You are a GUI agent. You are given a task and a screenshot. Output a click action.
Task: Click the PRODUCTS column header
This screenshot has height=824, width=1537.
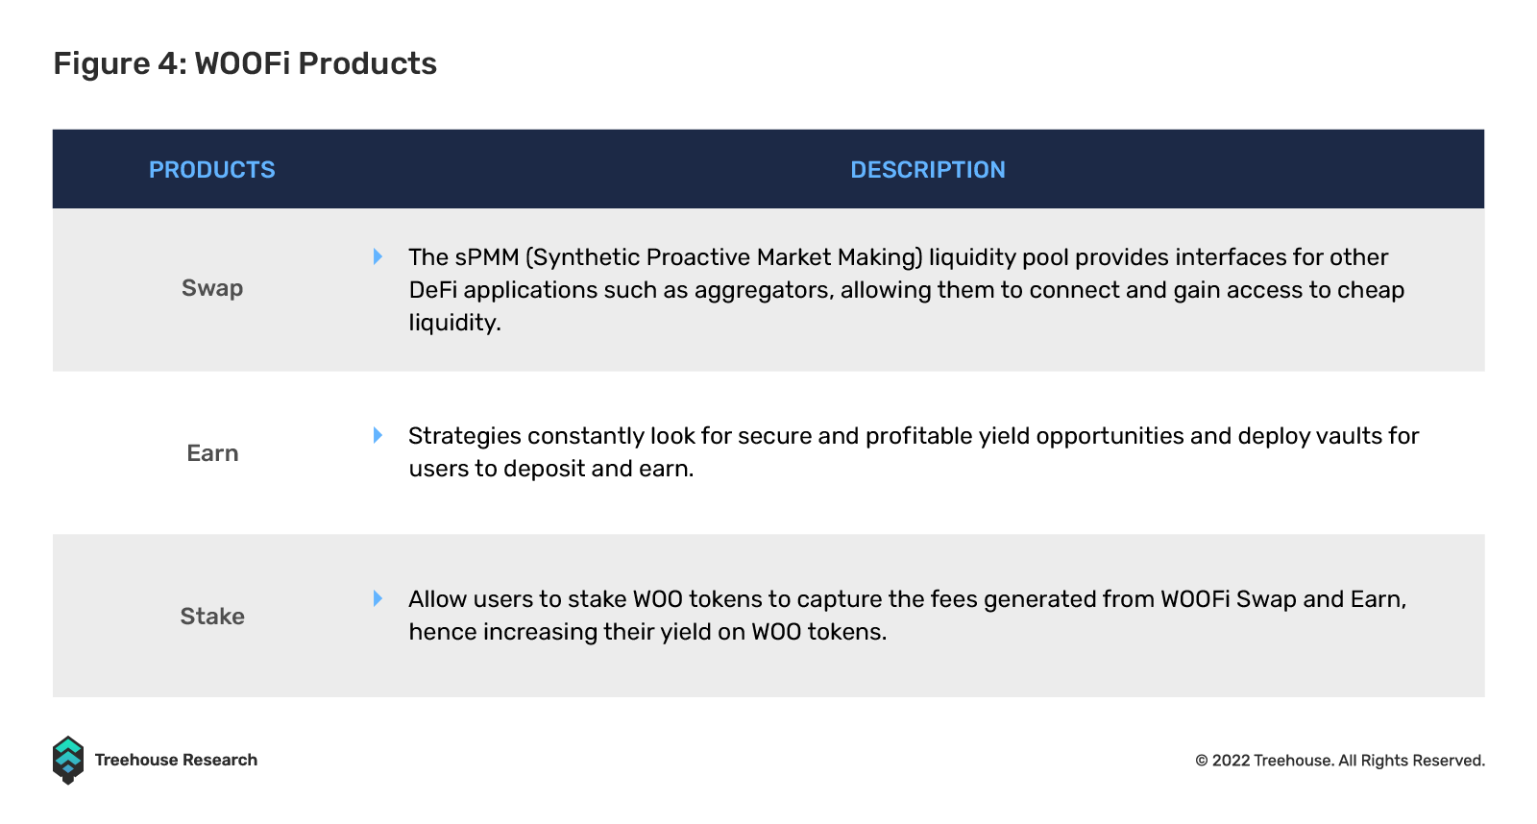click(212, 169)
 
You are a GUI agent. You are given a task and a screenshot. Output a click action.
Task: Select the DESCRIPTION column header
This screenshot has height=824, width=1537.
click(928, 169)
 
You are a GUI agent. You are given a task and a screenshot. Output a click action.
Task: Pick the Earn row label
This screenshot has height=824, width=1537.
click(212, 453)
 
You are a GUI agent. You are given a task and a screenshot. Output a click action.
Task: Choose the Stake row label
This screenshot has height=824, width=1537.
click(212, 617)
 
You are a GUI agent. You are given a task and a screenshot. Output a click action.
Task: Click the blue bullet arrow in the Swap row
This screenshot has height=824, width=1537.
click(378, 256)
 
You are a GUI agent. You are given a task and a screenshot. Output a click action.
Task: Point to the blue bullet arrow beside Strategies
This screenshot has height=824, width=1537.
click(378, 435)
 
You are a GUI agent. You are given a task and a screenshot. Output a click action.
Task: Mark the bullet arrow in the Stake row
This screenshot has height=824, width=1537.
click(378, 598)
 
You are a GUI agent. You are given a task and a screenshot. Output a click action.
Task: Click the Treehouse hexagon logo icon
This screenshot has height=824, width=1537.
click(68, 761)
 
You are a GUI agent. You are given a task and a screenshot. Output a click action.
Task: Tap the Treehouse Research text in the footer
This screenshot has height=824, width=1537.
click(176, 761)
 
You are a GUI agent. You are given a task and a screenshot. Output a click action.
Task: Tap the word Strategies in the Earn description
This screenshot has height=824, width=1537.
click(465, 437)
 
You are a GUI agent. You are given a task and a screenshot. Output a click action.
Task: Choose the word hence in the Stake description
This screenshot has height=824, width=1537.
click(443, 631)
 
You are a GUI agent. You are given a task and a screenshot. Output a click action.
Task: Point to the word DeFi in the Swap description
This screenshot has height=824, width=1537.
click(433, 289)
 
